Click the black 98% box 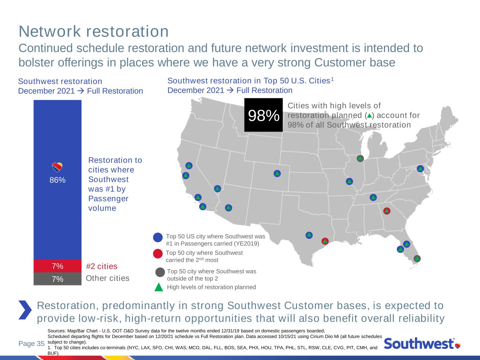tap(263, 115)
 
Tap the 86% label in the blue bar tap(58, 180)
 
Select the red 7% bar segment tap(58, 266)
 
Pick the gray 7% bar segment tap(58, 279)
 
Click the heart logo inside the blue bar tap(57, 167)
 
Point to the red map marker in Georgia tap(387, 211)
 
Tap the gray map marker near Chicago tap(360, 158)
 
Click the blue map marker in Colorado tap(277, 174)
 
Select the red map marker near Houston tap(325, 241)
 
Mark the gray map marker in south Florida tap(417, 259)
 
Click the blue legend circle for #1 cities tap(158, 237)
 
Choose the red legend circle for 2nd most tap(158, 253)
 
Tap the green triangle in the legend tap(159, 287)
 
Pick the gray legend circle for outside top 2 tap(160, 272)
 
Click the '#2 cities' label tap(102, 266)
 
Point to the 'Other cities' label tap(108, 278)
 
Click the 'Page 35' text tap(32, 343)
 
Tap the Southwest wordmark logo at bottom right tap(422, 343)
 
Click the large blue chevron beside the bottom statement tap(25, 310)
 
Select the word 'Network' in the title tap(50, 31)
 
